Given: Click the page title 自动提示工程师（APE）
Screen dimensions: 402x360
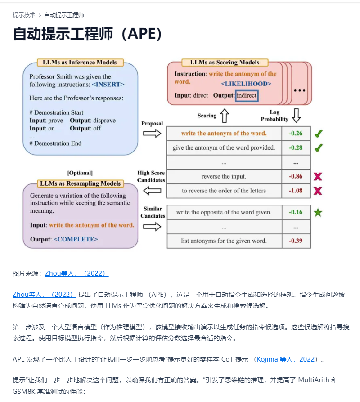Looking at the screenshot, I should click(x=88, y=34).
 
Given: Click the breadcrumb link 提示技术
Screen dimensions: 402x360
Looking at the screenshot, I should click(x=24, y=15).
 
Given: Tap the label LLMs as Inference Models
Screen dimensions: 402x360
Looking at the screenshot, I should click(x=80, y=63).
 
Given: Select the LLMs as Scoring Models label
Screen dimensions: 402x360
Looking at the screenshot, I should click(x=225, y=63).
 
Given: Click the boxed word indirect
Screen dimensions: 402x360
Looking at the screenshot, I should click(x=247, y=95).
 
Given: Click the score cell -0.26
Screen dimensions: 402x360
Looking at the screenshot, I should click(x=296, y=134).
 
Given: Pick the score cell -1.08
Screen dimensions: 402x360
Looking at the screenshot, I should click(x=296, y=191).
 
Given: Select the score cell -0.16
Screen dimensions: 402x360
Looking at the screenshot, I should click(x=296, y=212).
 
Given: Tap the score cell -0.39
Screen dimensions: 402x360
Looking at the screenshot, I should click(x=296, y=241).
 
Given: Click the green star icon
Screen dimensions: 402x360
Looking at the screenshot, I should click(x=318, y=212).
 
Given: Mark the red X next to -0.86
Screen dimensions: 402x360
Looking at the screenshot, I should click(x=318, y=176).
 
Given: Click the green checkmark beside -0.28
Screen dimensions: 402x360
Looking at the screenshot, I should click(x=318, y=147).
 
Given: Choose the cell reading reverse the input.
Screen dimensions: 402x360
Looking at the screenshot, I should click(x=224, y=176).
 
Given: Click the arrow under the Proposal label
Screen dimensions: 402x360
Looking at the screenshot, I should click(x=152, y=133).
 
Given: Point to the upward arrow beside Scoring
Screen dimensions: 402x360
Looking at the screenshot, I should click(x=224, y=116).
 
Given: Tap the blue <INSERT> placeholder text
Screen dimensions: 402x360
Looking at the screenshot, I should click(x=108, y=84).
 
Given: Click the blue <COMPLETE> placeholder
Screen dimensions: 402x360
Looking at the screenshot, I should click(x=76, y=239).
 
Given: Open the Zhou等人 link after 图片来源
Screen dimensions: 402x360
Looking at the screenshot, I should click(x=76, y=273).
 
